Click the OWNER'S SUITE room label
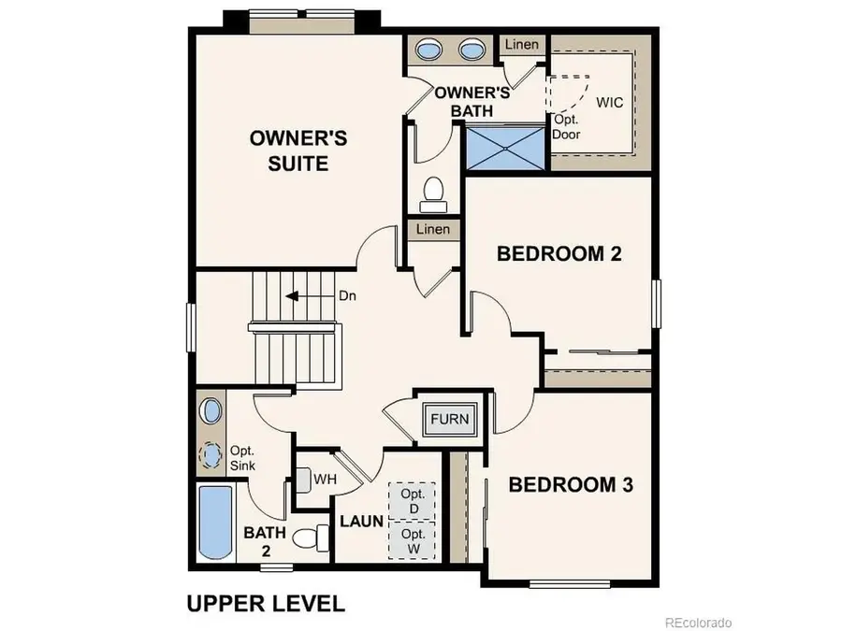coord(298,151)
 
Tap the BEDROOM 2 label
coord(559,252)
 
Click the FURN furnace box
coord(449,419)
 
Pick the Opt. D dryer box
coord(413,500)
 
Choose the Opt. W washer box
coord(413,540)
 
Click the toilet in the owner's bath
coord(433,193)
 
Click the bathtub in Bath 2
coord(214,523)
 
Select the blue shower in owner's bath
coord(505,147)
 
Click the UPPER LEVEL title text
coord(266,603)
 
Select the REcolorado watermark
coord(698,622)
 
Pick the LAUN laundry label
coord(361,521)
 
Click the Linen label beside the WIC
coord(520,45)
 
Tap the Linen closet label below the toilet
coord(432,229)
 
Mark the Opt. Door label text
coord(566,127)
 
